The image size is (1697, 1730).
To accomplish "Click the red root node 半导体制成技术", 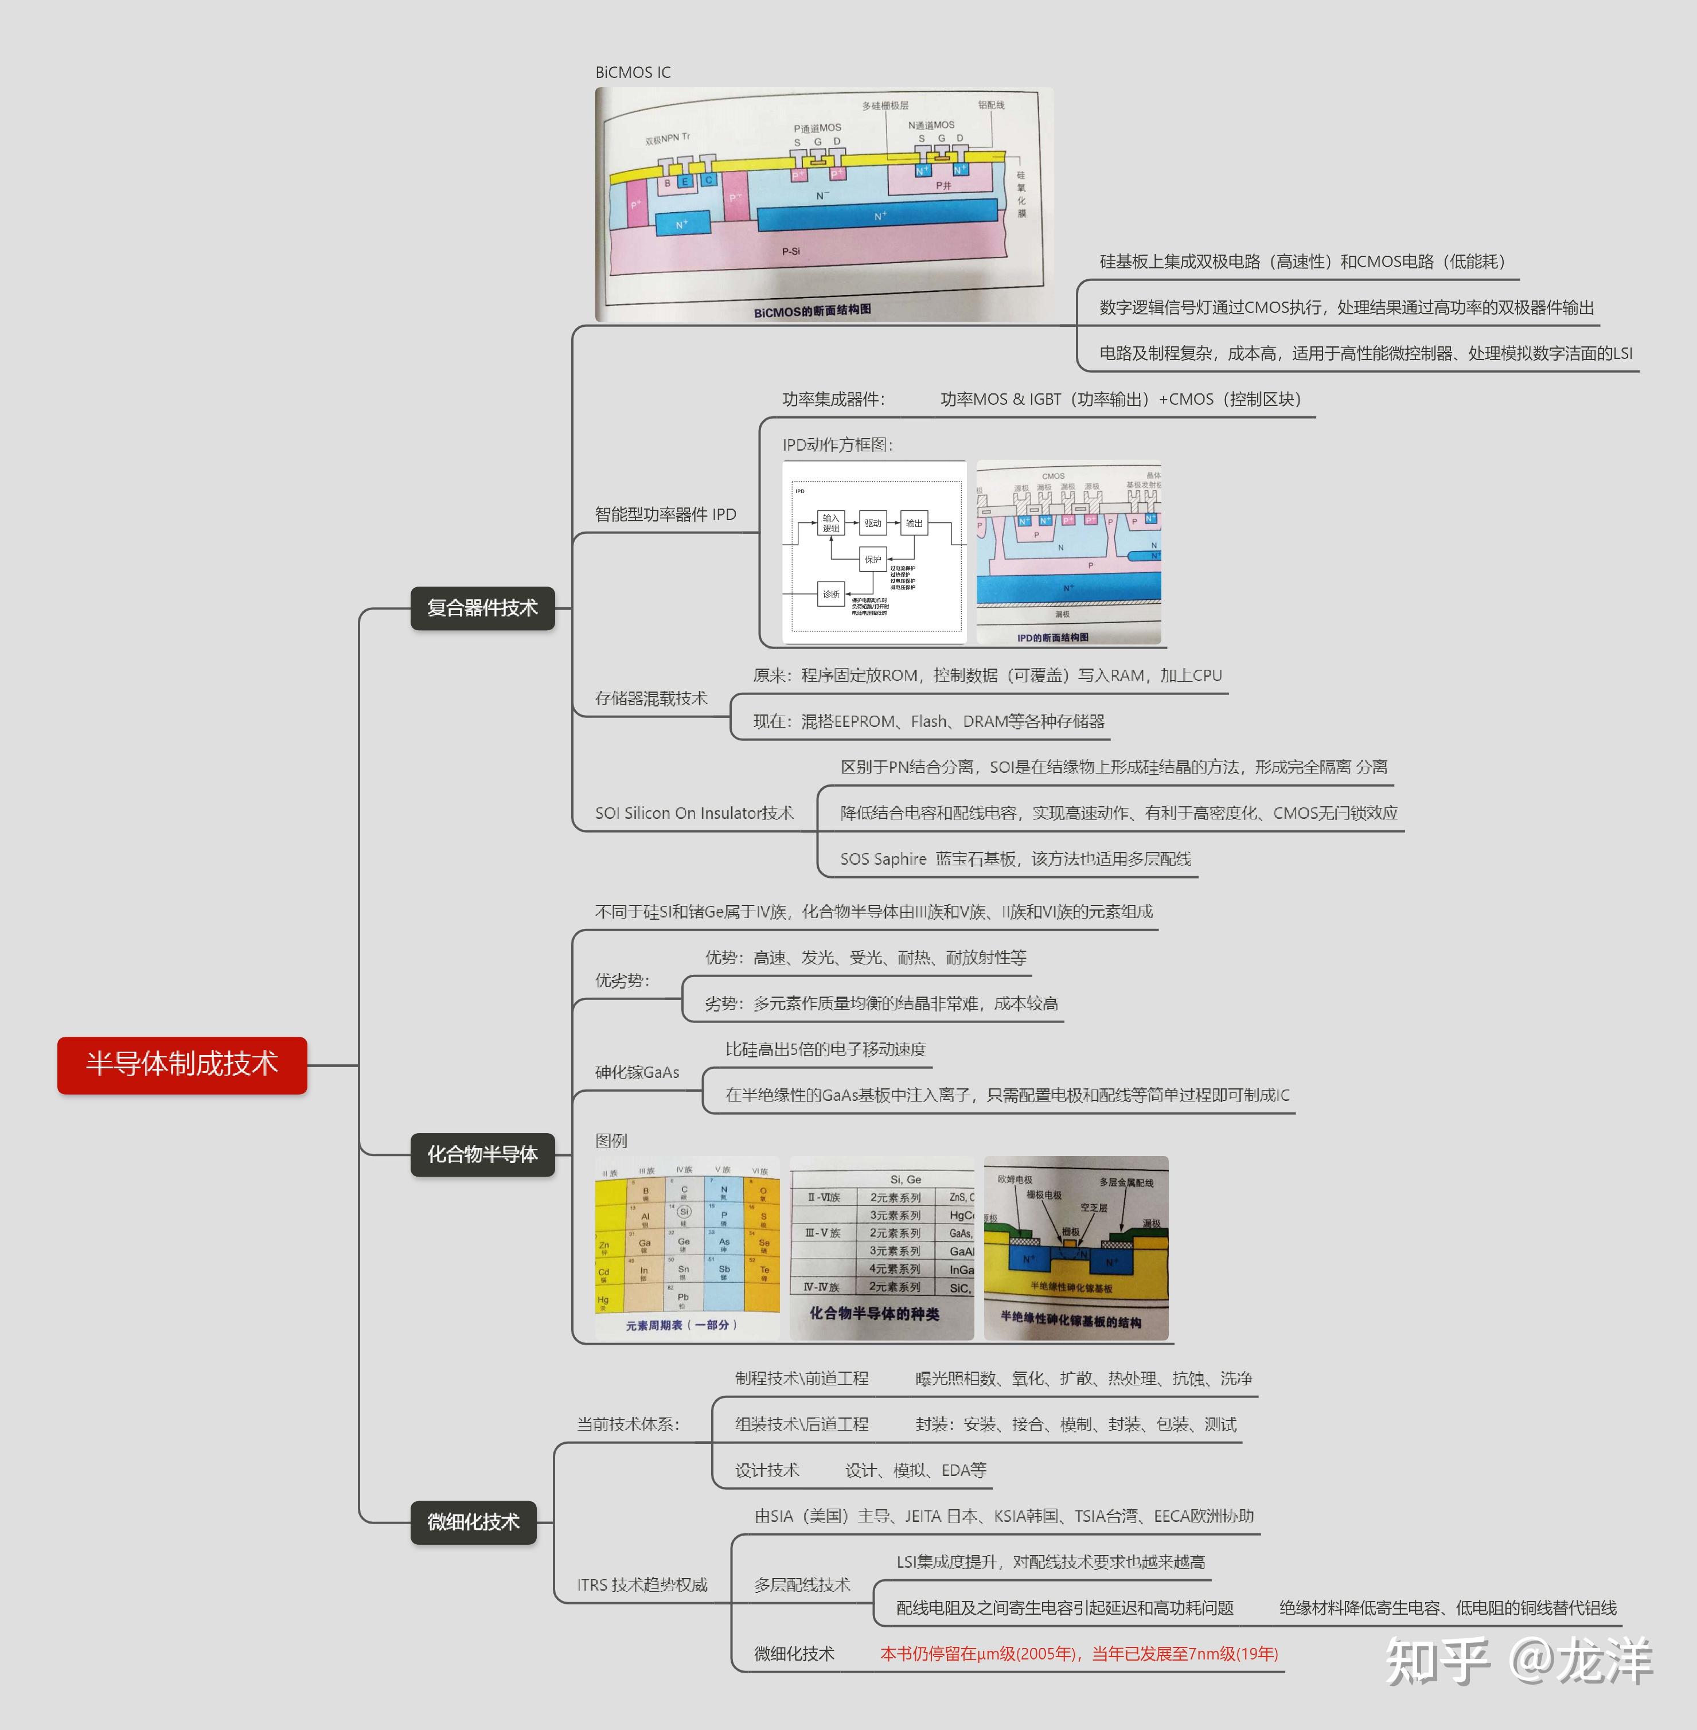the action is [182, 1064].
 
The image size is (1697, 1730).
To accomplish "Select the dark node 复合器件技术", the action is [482, 608].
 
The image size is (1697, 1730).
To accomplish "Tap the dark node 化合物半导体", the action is [482, 1154].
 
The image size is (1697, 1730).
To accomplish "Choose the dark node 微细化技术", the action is [473, 1521].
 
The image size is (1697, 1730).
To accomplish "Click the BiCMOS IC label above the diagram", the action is [633, 72].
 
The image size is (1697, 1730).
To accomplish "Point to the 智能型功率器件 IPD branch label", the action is [665, 514].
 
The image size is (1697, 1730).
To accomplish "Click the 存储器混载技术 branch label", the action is [650, 698].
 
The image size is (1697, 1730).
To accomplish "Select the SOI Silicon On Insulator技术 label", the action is [693, 813].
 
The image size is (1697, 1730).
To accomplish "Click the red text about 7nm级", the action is [1078, 1653].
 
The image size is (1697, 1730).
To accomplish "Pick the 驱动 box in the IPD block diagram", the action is [872, 523].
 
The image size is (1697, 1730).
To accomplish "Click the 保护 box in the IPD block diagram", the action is [872, 559].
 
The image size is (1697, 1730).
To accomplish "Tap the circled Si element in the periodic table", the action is [684, 1211].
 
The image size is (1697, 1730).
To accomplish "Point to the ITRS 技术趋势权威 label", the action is [642, 1585].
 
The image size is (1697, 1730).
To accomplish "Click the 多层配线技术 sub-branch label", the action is [802, 1585].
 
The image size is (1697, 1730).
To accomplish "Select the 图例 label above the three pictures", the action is [611, 1141].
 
